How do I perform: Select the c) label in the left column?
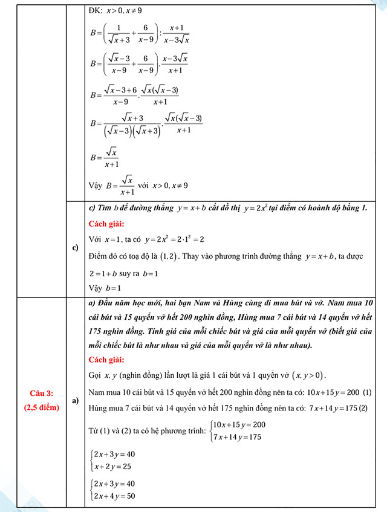click(76, 247)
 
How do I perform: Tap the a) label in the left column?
click(76, 401)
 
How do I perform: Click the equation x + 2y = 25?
click(112, 467)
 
